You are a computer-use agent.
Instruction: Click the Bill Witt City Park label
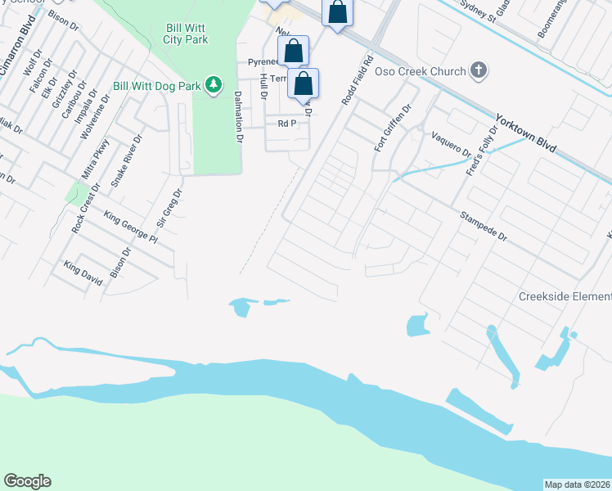185,34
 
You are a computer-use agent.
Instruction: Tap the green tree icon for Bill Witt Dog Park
214,85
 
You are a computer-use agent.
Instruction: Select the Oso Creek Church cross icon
479,71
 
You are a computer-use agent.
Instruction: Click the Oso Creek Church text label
420,72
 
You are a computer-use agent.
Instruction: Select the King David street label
83,273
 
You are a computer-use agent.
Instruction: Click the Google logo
27,481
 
